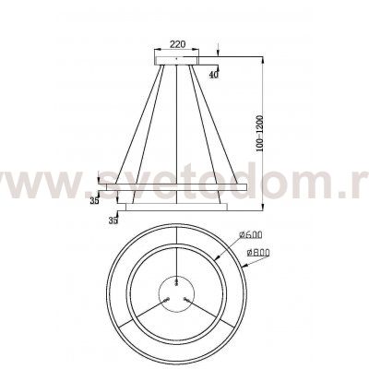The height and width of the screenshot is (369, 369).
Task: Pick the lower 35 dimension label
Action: (x=113, y=221)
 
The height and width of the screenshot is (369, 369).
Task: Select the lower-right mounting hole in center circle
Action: (x=184, y=298)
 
